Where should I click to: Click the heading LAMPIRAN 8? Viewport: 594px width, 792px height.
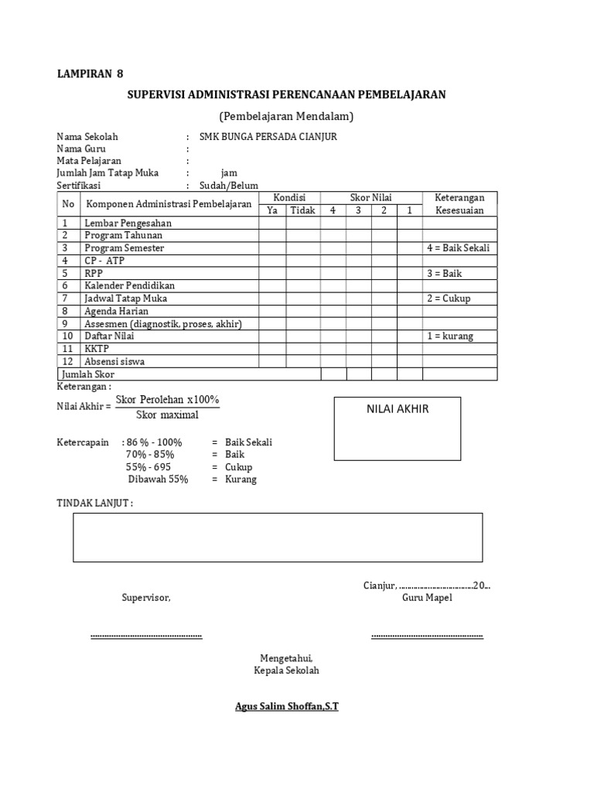tap(90, 74)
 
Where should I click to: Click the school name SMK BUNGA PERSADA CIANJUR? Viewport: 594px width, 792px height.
tap(268, 137)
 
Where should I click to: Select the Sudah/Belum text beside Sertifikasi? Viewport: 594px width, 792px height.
tap(229, 186)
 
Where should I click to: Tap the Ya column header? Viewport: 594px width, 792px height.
tap(271, 210)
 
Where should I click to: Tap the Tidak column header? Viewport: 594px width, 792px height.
tap(302, 210)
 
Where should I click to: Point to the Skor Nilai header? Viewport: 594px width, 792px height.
tap(371, 198)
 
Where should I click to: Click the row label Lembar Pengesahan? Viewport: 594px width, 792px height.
tap(128, 224)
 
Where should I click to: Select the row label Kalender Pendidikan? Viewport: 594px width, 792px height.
tap(130, 285)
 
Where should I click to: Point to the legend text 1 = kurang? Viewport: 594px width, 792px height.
tap(450, 336)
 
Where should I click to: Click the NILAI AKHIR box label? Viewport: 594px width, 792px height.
tap(398, 409)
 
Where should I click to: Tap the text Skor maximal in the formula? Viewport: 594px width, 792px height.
tap(167, 415)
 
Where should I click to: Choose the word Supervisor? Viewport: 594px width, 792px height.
tap(145, 599)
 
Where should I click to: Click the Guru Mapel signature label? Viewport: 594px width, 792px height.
tap(427, 599)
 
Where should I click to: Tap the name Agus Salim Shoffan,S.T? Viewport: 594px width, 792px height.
tap(286, 707)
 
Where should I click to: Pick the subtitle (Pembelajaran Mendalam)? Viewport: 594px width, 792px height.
tap(286, 117)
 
